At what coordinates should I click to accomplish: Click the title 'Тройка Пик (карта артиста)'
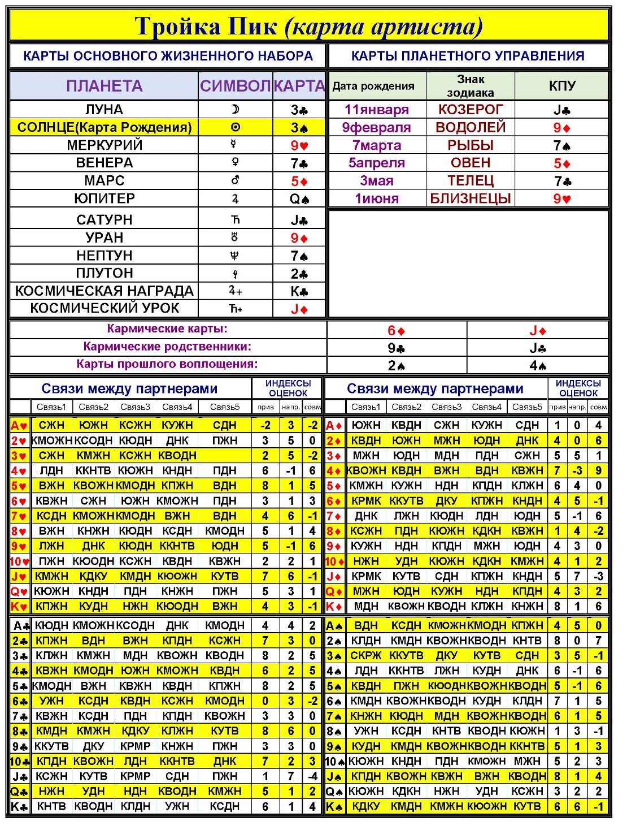[308, 27]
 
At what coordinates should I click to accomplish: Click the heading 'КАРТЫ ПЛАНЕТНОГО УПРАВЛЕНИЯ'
[468, 56]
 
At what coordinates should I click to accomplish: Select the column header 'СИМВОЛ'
[235, 86]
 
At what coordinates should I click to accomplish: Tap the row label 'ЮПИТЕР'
[104, 198]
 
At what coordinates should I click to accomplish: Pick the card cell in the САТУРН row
[299, 220]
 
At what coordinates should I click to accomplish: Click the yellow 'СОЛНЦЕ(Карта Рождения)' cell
[104, 127]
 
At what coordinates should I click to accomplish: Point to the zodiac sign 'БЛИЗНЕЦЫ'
[471, 198]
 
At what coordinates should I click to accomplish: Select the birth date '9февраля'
[376, 127]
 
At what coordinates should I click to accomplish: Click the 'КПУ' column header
[562, 86]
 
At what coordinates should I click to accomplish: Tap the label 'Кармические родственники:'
[167, 347]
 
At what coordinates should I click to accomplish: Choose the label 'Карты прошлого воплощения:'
[167, 364]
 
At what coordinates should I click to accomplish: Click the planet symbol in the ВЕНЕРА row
[235, 163]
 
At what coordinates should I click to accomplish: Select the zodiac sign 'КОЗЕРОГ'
[471, 109]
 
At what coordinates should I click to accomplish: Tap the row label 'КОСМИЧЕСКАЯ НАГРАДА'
[104, 291]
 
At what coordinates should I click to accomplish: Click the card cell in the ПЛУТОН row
[299, 274]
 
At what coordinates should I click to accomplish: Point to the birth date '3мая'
[376, 181]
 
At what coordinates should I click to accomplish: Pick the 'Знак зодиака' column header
[471, 86]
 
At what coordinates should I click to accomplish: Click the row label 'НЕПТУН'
[104, 256]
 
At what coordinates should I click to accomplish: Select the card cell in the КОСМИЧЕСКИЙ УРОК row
[299, 309]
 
